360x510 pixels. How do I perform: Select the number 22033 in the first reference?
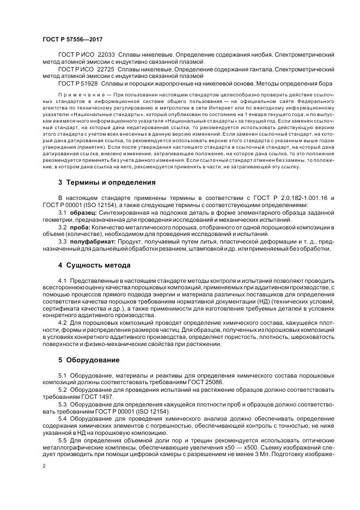107,56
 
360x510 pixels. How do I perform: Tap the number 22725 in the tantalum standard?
107,70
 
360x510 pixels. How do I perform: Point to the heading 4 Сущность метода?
94,265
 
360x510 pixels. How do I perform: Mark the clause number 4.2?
63,324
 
